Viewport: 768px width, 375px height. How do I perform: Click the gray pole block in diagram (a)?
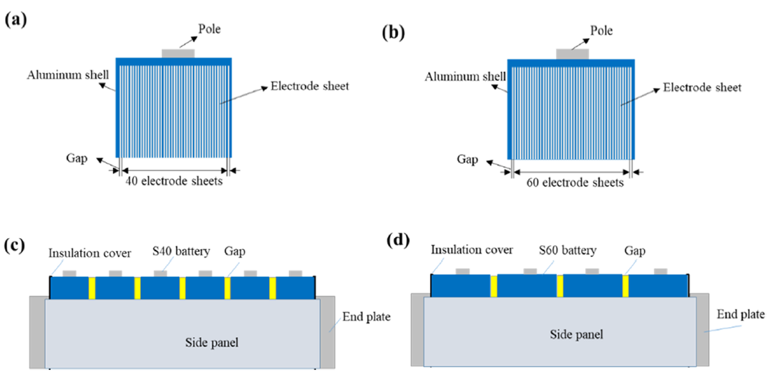[x=178, y=54]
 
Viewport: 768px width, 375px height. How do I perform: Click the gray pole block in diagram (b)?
[x=573, y=54]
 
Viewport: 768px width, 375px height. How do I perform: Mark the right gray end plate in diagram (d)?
[x=702, y=329]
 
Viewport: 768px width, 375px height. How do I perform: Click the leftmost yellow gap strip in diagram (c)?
[x=92, y=288]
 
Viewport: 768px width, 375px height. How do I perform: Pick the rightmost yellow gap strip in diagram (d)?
[x=626, y=286]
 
